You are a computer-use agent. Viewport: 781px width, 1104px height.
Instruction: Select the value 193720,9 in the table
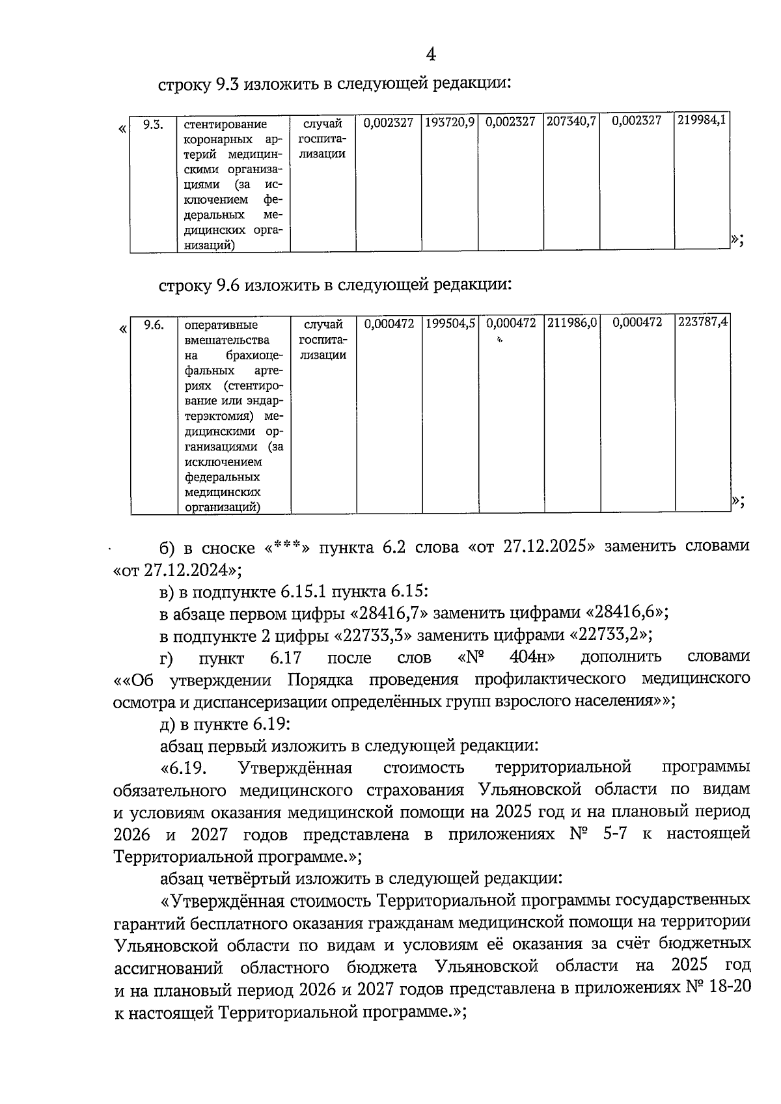pyautogui.click(x=450, y=122)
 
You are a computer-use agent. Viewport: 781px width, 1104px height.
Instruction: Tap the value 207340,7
pyautogui.click(x=571, y=122)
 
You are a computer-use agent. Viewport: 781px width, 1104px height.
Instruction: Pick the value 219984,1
pyautogui.click(x=702, y=120)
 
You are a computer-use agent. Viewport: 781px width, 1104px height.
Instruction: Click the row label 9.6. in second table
pyautogui.click(x=154, y=324)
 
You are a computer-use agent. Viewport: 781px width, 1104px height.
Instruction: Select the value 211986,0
pyautogui.click(x=572, y=323)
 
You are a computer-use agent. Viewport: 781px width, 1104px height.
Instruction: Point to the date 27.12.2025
pyautogui.click(x=545, y=547)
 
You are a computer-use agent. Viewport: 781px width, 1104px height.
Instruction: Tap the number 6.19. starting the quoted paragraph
pyautogui.click(x=188, y=768)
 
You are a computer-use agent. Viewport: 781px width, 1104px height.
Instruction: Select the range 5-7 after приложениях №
pyautogui.click(x=610, y=834)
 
